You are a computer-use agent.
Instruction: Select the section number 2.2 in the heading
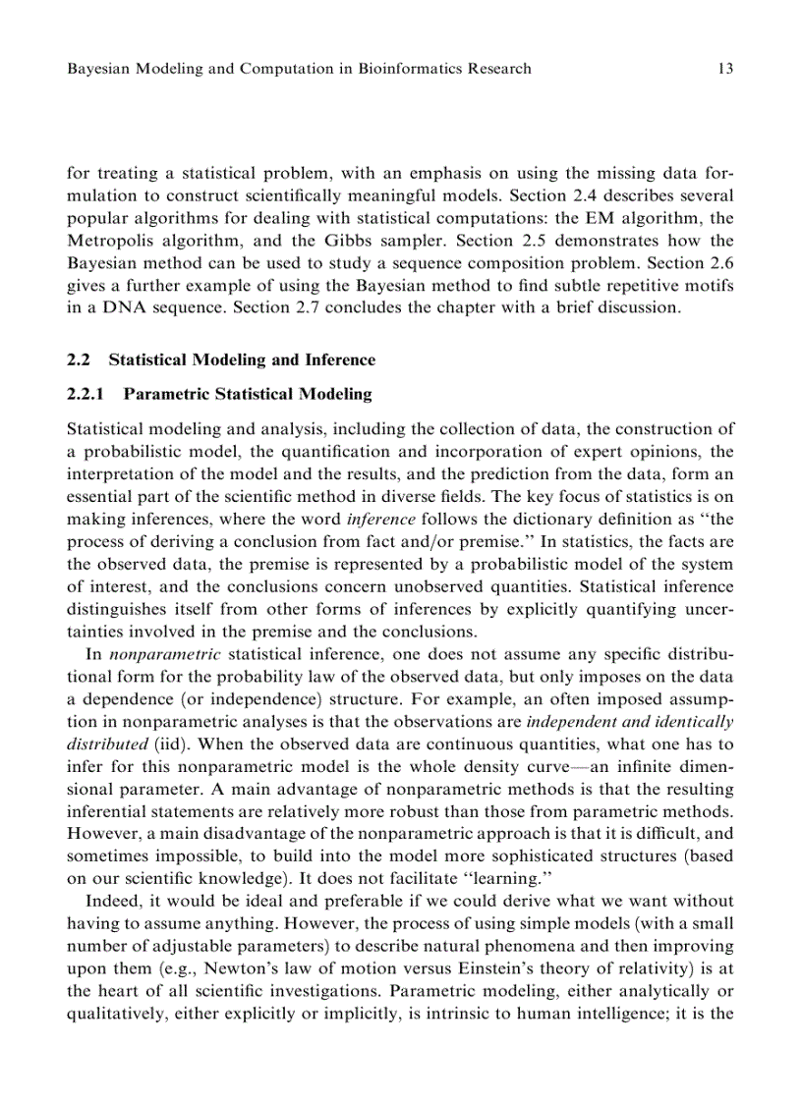(79, 360)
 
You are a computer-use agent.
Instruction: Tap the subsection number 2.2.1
(86, 394)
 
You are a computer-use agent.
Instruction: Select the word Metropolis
(109, 241)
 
